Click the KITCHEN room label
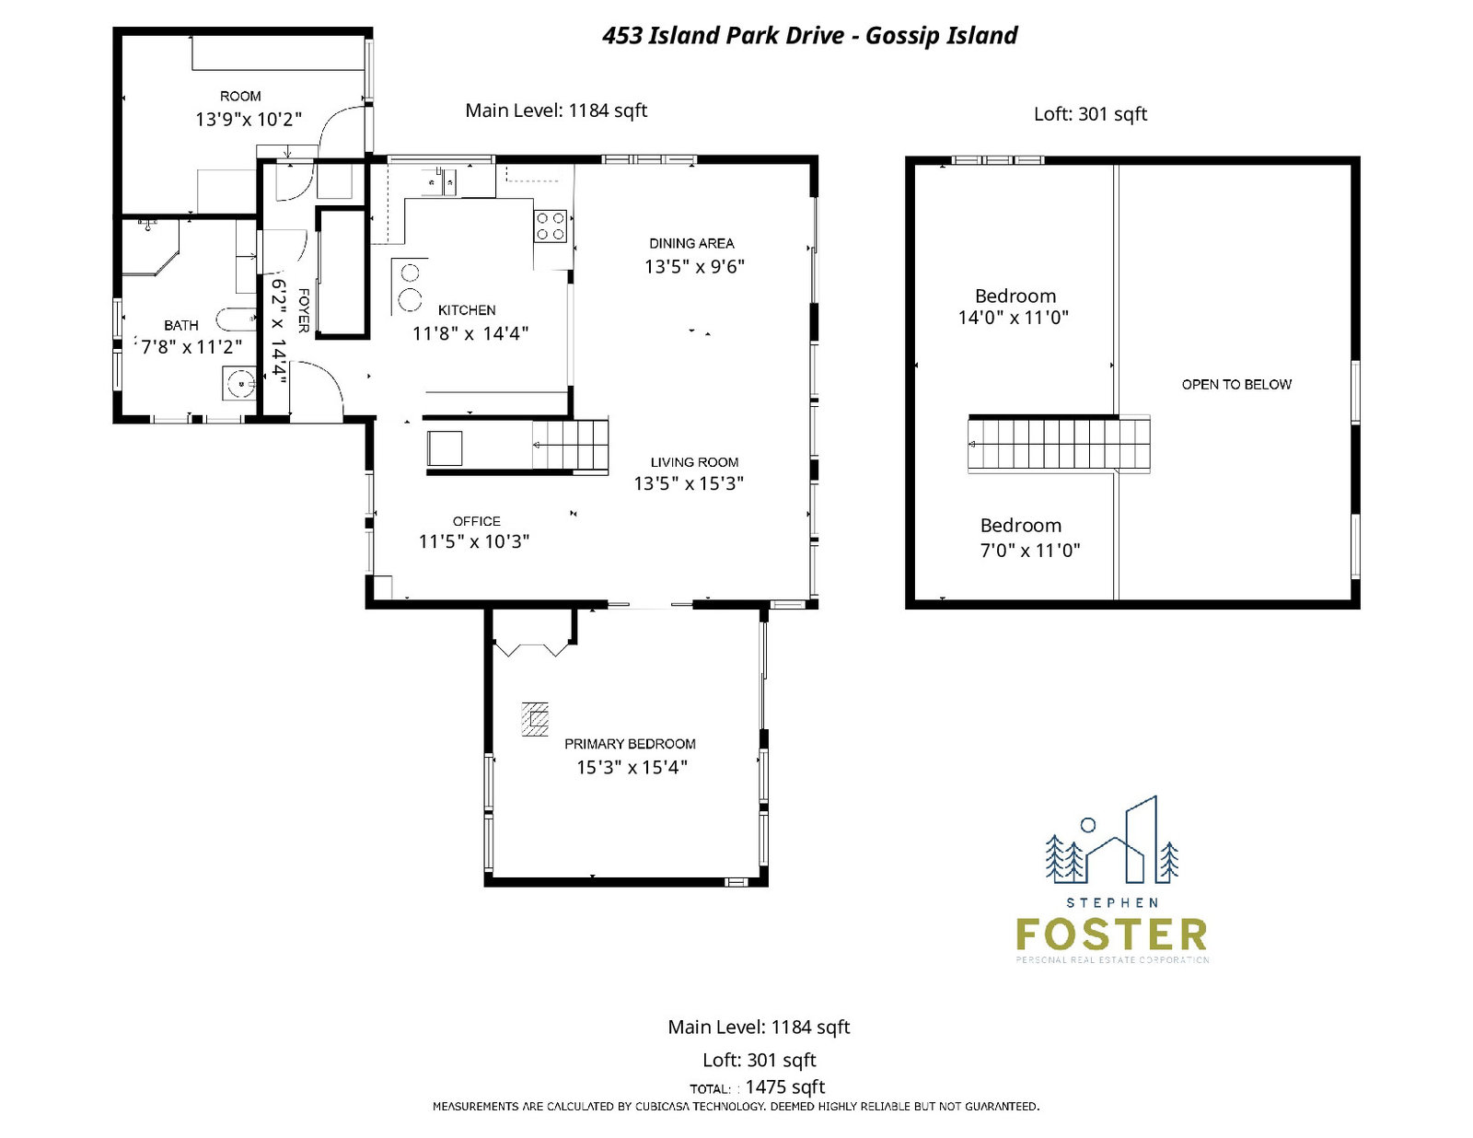467,310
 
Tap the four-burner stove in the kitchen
551,226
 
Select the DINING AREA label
691,243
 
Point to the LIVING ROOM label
694,462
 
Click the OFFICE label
477,521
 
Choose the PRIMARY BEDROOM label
630,744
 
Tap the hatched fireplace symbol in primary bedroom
535,719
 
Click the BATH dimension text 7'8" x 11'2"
191,347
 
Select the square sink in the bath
239,384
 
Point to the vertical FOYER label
304,310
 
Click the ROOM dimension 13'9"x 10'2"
249,120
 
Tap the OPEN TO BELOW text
1236,385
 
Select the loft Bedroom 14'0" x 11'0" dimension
1014,318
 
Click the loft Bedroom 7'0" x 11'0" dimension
1029,550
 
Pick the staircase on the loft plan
1059,445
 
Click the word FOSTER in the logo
1112,935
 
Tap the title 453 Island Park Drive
724,35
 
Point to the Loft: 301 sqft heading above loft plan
1090,114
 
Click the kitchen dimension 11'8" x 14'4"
470,333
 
